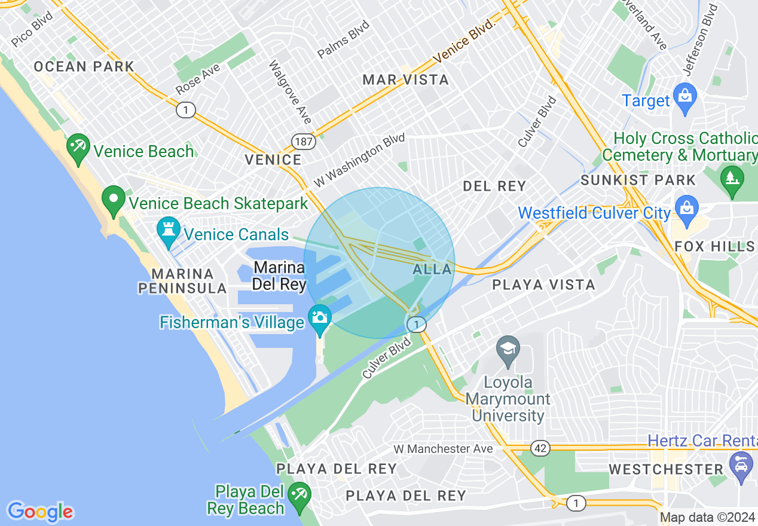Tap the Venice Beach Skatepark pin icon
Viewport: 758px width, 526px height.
click(x=113, y=200)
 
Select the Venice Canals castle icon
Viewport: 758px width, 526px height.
click(x=168, y=231)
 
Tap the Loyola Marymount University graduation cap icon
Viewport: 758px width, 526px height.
click(x=508, y=351)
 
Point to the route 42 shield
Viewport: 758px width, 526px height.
click(x=539, y=448)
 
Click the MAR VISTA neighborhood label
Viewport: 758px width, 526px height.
click(x=406, y=79)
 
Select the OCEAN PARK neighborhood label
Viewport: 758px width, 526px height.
click(x=84, y=66)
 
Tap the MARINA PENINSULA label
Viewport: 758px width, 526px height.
click(x=182, y=281)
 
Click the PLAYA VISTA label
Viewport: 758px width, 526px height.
click(x=543, y=285)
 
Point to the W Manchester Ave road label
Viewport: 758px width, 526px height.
click(x=443, y=449)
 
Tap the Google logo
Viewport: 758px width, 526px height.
click(x=40, y=511)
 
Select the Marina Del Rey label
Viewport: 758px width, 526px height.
click(x=279, y=276)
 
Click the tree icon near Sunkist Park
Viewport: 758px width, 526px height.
click(x=732, y=178)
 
